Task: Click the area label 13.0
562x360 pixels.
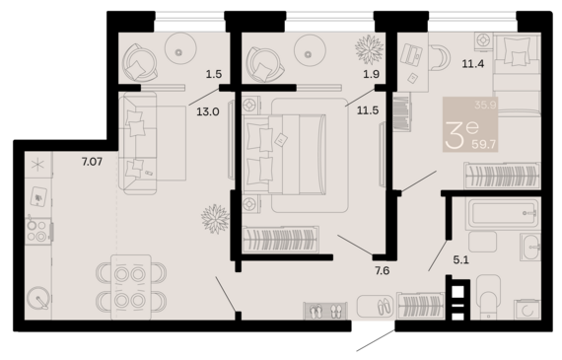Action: (x=208, y=111)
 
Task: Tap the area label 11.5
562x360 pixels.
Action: (x=368, y=110)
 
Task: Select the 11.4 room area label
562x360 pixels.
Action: (x=473, y=64)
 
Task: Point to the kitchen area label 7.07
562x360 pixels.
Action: (x=92, y=162)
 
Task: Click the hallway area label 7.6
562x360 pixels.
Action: (x=383, y=270)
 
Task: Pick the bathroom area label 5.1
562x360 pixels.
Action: (x=460, y=260)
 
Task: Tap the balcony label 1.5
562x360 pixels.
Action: (x=214, y=74)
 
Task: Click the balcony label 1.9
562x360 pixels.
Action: (x=372, y=74)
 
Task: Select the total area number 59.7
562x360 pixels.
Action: (x=484, y=144)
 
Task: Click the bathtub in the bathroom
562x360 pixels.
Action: (x=502, y=213)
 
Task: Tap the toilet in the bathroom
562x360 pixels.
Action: (x=488, y=296)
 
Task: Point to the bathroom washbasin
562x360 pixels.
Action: (x=530, y=247)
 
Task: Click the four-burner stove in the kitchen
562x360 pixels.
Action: (x=37, y=231)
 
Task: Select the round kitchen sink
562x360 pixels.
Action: (x=37, y=298)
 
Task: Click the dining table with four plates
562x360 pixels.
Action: (x=131, y=287)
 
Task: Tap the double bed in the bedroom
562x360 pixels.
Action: (x=285, y=154)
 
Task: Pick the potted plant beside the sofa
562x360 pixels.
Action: (x=215, y=219)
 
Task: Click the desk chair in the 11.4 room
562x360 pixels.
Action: (x=440, y=57)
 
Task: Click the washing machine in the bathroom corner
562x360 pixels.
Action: (x=527, y=309)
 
